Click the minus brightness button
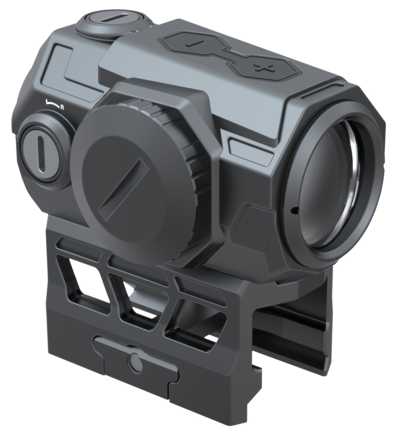190,43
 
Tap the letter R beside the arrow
62,108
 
